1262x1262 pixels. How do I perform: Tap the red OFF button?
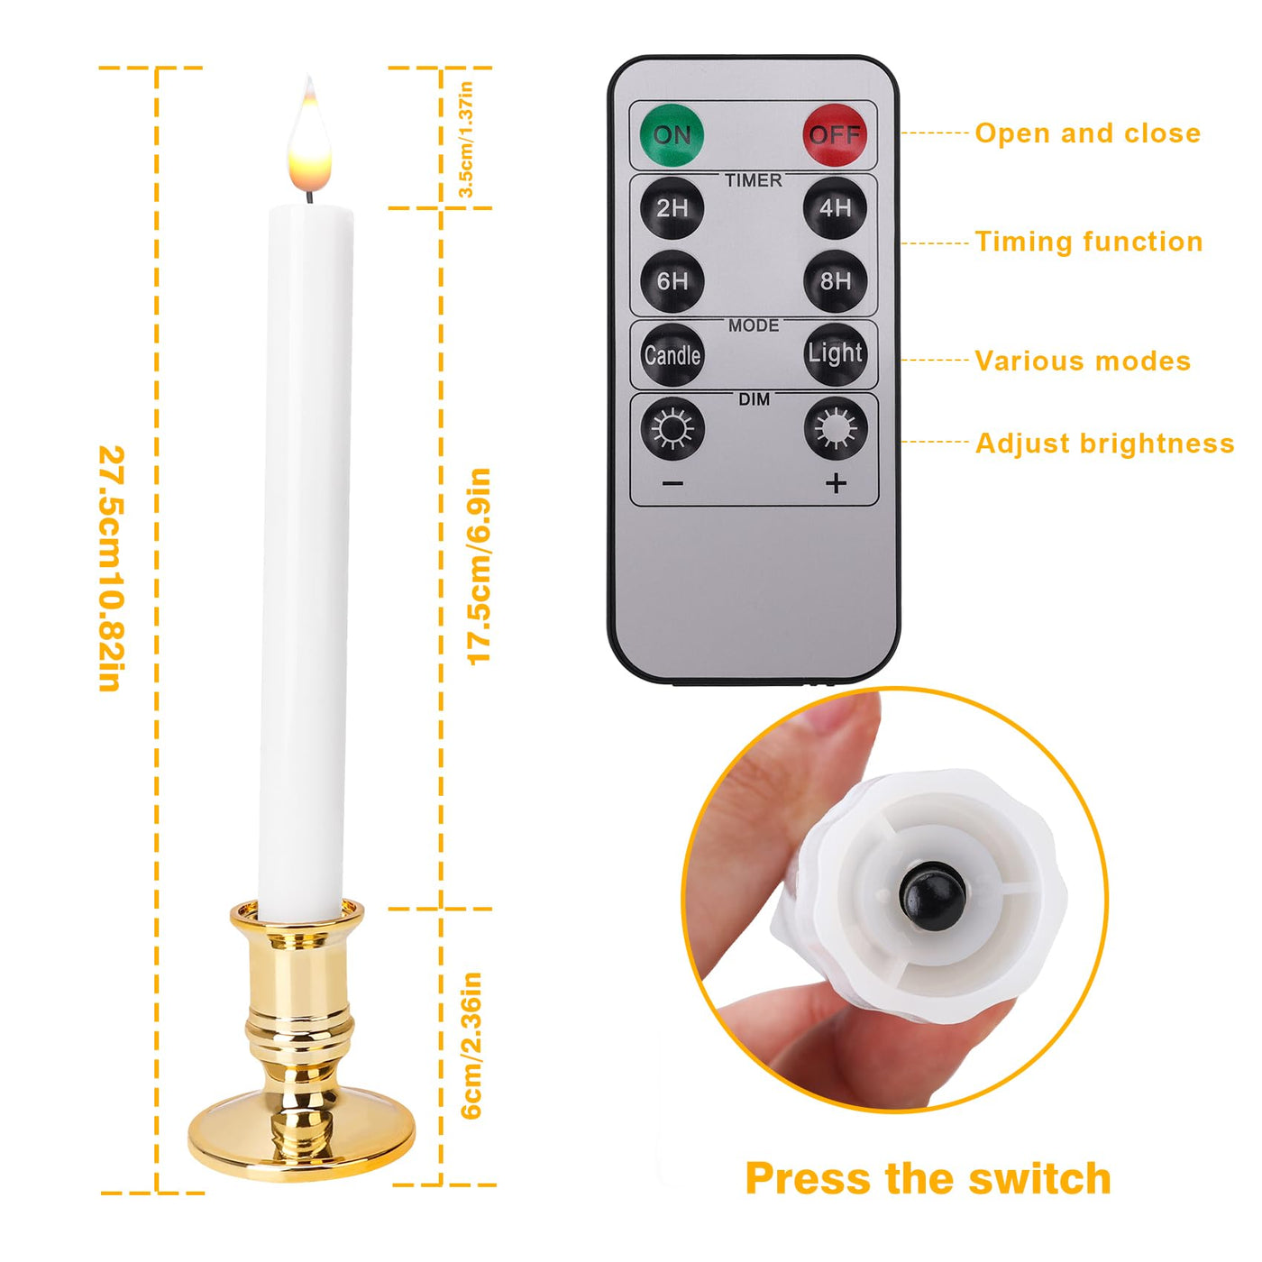pyautogui.click(x=835, y=135)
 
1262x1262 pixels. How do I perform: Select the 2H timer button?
pyautogui.click(x=672, y=208)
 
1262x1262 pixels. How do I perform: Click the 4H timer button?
pyautogui.click(x=835, y=208)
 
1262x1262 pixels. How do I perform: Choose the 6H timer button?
pyautogui.click(x=672, y=281)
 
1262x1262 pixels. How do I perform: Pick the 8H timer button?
pyautogui.click(x=835, y=281)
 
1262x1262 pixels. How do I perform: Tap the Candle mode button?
pyautogui.click(x=672, y=355)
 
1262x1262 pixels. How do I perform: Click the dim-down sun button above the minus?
pyautogui.click(x=672, y=429)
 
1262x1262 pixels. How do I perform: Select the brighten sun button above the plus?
pyautogui.click(x=836, y=429)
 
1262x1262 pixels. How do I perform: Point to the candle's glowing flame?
pyautogui.click(x=308, y=141)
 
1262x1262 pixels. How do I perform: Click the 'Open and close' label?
pyautogui.click(x=1088, y=133)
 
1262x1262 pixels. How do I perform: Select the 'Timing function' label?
pyautogui.click(x=1089, y=242)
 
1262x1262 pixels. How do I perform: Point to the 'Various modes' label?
pyautogui.click(x=1083, y=361)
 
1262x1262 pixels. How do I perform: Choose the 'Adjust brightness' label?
pyautogui.click(x=1105, y=444)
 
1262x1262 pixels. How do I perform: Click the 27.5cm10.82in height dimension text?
pyautogui.click(x=111, y=569)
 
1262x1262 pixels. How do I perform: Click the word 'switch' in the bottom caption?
pyautogui.click(x=1040, y=1179)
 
